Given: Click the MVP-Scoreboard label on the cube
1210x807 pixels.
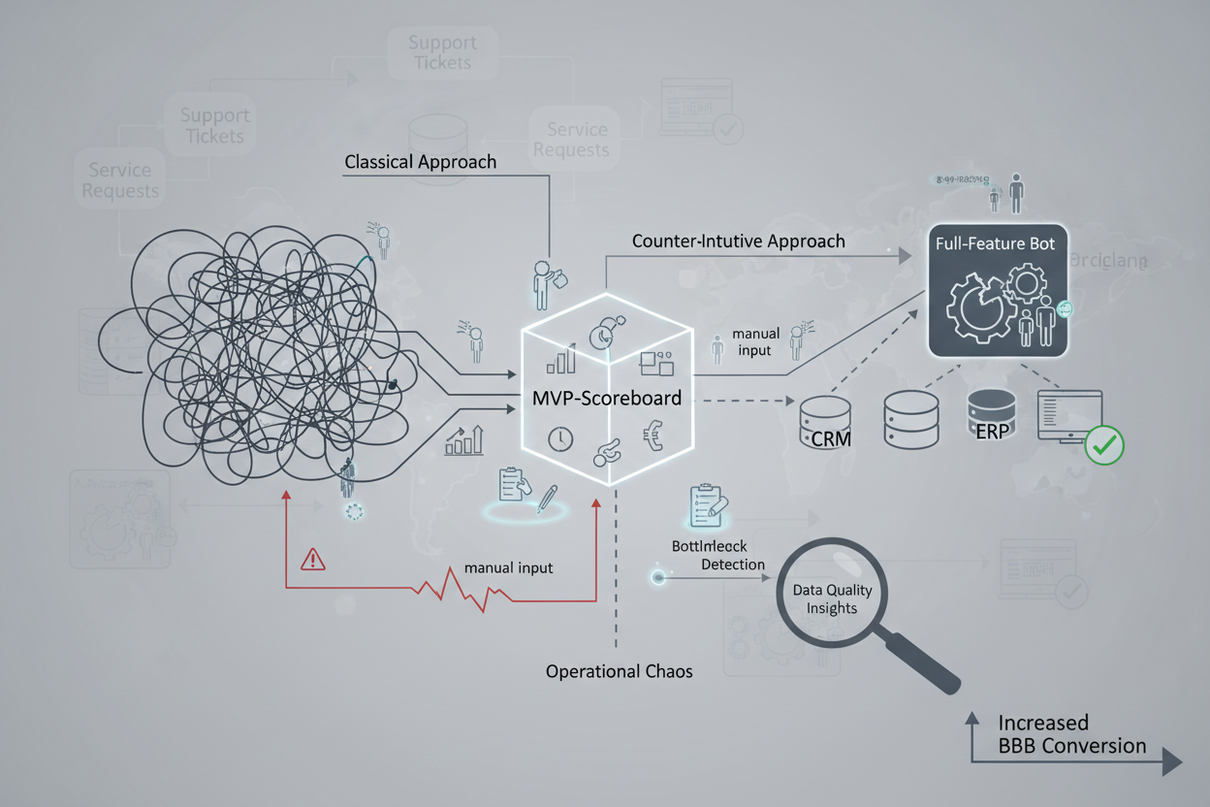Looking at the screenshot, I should (x=607, y=398).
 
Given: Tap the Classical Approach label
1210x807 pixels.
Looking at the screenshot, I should (x=420, y=162).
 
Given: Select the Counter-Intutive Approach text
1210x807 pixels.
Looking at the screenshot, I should (x=738, y=241).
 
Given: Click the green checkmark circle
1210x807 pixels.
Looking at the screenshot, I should (x=1104, y=445).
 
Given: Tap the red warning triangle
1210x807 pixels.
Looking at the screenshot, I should (x=313, y=559).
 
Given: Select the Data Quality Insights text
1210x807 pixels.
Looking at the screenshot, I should (x=832, y=598).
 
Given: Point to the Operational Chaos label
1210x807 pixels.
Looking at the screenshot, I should (x=619, y=671).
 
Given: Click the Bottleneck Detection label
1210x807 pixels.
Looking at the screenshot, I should (x=717, y=556).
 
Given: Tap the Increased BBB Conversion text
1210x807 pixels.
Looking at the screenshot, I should (x=1071, y=734).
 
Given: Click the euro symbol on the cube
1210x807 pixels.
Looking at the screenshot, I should (x=653, y=436).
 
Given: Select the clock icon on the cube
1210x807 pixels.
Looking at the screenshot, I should (x=559, y=438).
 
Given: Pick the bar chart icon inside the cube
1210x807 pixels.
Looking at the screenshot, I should (x=561, y=361).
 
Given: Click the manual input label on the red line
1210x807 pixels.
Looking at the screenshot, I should (x=508, y=567).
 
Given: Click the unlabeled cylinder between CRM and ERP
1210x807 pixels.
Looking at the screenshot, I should (x=910, y=418).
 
